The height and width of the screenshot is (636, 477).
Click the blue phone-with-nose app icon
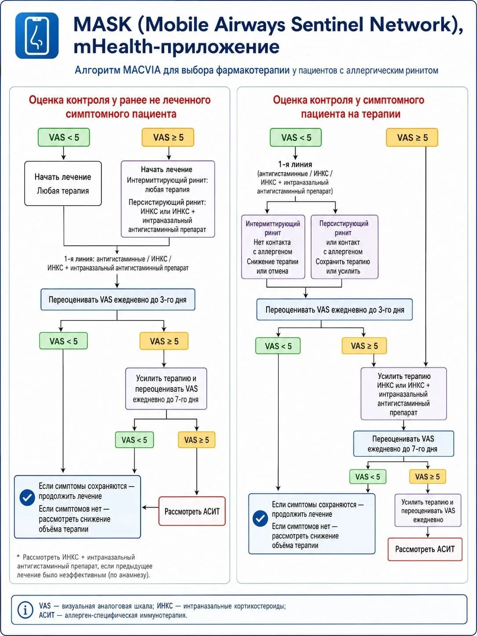tap(37, 35)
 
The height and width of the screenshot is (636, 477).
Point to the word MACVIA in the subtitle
tap(141, 70)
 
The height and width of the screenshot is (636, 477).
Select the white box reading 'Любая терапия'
tap(63, 184)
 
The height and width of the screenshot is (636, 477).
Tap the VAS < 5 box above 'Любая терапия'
tap(64, 137)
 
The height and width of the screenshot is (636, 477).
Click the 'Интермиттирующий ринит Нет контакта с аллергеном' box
tap(273, 247)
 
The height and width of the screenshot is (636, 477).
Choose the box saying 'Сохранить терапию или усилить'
tap(344, 247)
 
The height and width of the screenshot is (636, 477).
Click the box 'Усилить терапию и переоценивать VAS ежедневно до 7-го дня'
tap(166, 389)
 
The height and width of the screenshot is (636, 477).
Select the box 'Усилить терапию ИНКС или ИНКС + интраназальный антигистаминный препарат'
tap(404, 394)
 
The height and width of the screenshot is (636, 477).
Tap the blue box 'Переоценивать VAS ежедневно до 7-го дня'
tap(404, 444)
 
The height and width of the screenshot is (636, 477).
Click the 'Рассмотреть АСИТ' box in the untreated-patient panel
tap(192, 511)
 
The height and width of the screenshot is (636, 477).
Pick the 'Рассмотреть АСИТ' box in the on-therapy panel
tap(425, 549)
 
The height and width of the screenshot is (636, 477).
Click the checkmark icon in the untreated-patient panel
tap(27, 498)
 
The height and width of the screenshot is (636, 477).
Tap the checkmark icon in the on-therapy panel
tap(260, 518)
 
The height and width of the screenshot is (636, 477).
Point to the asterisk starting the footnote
tap(18, 556)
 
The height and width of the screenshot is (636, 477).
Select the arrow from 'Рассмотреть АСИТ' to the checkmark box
tap(150, 507)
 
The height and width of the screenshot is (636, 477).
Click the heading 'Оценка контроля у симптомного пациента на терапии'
tap(349, 107)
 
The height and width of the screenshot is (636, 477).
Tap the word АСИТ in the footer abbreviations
tap(47, 615)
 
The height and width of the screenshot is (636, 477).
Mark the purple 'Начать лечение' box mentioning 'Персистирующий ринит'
tap(168, 199)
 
